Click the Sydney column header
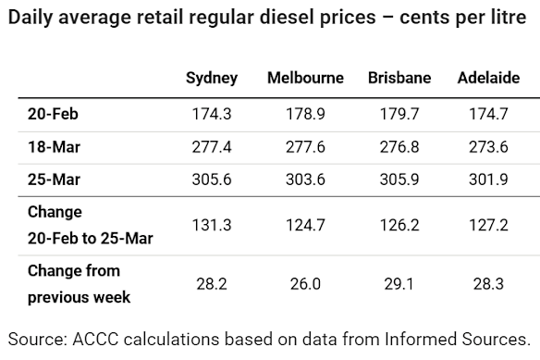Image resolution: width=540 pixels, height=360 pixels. pos(212,79)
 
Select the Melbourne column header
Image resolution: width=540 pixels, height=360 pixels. pos(305,79)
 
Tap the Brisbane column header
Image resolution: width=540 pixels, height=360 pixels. pos(399,79)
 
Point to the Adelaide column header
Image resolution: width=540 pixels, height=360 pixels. pos(488,79)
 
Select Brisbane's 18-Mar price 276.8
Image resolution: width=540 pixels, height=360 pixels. pos(399,145)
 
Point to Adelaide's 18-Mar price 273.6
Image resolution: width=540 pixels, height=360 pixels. pos(488,145)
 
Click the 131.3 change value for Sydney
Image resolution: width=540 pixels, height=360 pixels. pos(212,225)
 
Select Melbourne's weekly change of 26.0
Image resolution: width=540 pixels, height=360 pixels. pos(305,284)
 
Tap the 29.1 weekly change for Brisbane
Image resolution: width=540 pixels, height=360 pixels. pos(399,284)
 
